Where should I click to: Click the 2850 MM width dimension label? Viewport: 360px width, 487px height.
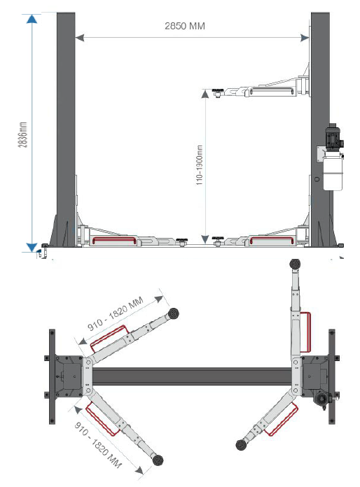(x=185, y=26)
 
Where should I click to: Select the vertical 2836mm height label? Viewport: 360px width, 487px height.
(x=22, y=134)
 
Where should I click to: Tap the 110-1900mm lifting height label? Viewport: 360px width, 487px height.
(x=199, y=165)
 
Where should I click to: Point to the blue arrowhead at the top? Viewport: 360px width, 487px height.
(x=32, y=19)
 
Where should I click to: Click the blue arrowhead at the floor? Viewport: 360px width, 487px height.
(x=32, y=247)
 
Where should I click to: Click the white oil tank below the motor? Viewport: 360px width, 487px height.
(x=333, y=173)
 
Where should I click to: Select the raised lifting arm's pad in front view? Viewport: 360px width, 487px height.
(x=218, y=92)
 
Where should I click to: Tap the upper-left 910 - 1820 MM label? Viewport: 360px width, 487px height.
(x=116, y=313)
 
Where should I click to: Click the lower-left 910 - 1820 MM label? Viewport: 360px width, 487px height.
(x=97, y=445)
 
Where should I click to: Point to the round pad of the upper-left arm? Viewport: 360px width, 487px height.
(x=173, y=313)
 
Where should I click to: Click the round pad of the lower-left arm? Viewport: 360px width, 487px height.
(x=158, y=460)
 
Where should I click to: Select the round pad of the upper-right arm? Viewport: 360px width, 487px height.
(x=295, y=264)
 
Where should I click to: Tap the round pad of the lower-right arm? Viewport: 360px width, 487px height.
(x=241, y=445)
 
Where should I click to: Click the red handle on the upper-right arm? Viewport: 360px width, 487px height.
(x=305, y=332)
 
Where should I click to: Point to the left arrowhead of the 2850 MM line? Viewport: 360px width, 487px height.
(x=80, y=38)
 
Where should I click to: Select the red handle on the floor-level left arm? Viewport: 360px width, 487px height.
(x=114, y=241)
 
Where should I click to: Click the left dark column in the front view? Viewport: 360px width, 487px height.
(x=66, y=129)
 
